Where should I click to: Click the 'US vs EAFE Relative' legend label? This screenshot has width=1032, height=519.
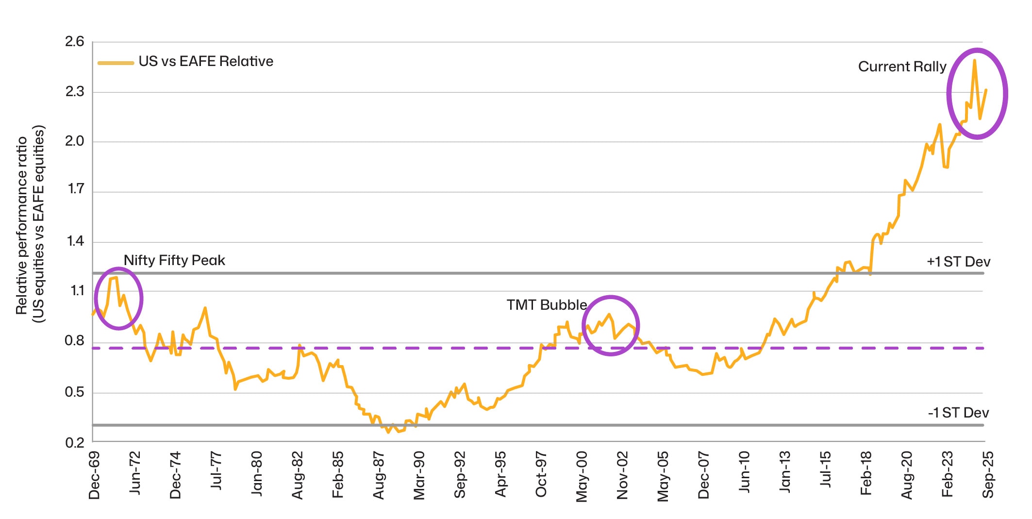pos(206,62)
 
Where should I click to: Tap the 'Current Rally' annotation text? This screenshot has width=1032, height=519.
pos(902,67)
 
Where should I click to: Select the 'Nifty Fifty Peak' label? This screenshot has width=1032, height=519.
pos(174,260)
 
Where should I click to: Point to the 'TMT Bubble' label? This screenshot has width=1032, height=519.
pos(547,305)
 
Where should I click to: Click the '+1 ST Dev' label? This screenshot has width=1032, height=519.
pos(958,262)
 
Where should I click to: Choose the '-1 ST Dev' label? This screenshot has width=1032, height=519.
pos(958,413)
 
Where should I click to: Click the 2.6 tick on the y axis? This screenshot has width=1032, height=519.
pos(75,42)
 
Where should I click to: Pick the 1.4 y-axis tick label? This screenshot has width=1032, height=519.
pos(75,241)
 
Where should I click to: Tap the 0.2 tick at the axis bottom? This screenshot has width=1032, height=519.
pos(75,442)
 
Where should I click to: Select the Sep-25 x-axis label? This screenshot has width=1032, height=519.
pos(988,475)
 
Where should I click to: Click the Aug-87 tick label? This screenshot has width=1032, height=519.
pos(379,475)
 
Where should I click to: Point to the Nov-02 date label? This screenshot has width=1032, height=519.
pos(622,475)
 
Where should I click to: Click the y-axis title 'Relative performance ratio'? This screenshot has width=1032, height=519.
pos(21,225)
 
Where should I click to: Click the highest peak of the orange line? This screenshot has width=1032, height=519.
pos(974,60)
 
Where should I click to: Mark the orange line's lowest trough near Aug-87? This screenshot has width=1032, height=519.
pos(388,432)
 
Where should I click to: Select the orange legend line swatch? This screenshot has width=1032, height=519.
pos(116,63)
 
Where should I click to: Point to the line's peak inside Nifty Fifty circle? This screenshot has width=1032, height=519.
pos(116,278)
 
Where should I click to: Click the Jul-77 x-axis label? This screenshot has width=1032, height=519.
pos(216,471)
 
